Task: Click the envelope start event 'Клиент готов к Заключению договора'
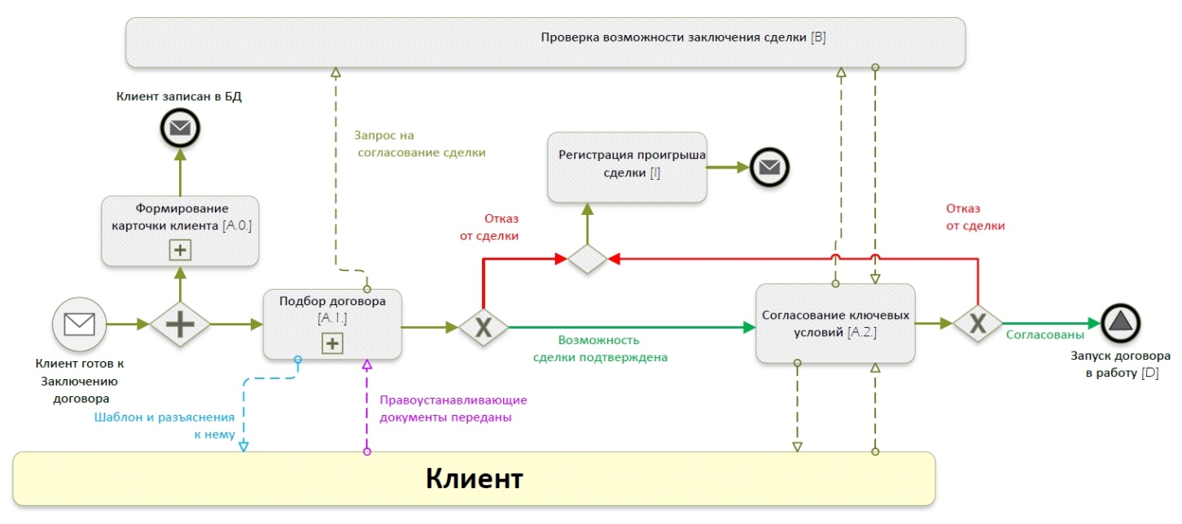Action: tap(80, 324)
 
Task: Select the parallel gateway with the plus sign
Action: tap(180, 324)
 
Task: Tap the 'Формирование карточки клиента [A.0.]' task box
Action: tap(180, 229)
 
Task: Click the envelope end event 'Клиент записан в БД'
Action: tap(180, 128)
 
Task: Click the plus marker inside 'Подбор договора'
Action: tap(332, 344)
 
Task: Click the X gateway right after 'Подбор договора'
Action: tap(483, 327)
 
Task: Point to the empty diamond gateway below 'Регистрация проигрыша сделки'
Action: tap(587, 260)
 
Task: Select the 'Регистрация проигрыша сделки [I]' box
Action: tap(627, 166)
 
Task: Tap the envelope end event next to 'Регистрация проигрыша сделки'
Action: tap(769, 167)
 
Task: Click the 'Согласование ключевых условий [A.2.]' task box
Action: tap(834, 323)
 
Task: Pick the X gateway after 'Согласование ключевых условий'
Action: tap(977, 324)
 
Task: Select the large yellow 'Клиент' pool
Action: tap(475, 478)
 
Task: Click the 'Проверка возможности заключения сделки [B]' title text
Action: tap(683, 37)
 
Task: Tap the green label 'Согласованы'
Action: tap(1044, 334)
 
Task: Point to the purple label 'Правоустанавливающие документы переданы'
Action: tap(453, 408)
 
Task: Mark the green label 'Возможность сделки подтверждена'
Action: tap(600, 348)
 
